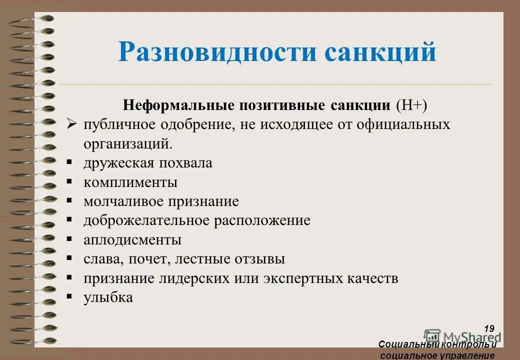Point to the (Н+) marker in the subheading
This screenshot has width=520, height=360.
pyautogui.click(x=411, y=105)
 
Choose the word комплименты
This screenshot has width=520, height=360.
pyautogui.click(x=130, y=182)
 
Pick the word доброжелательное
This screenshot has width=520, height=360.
pyautogui.click(x=147, y=220)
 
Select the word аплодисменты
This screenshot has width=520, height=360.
pyautogui.click(x=132, y=240)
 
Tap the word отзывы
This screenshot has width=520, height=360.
pyautogui.click(x=259, y=259)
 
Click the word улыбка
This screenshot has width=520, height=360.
pyautogui.click(x=108, y=297)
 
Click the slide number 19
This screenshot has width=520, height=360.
pyautogui.click(x=489, y=328)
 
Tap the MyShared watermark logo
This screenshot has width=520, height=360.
pyautogui.click(x=460, y=337)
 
